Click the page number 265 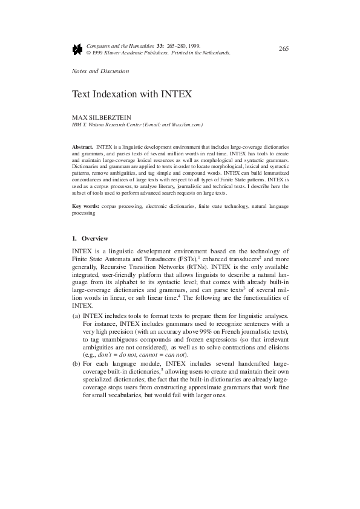point(283,48)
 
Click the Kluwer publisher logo point(77,49)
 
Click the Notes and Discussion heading point(100,71)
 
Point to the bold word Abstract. point(82,147)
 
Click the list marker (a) point(76,316)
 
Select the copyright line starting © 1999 point(159,53)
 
